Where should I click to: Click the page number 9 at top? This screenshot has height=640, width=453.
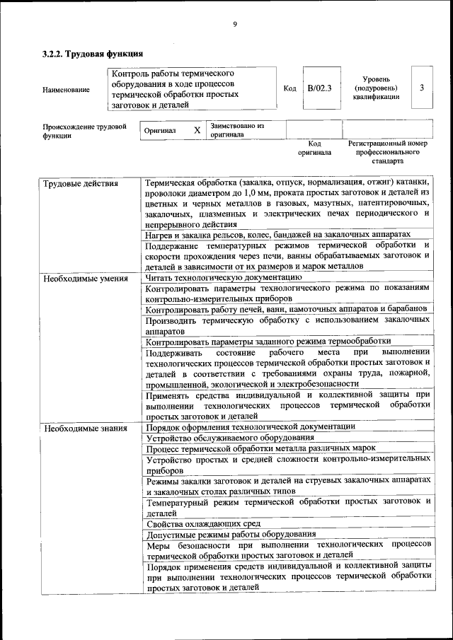click(x=234, y=25)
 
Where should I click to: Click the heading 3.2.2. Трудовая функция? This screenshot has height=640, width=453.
click(x=93, y=54)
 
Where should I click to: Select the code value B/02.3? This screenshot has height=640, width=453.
click(x=319, y=88)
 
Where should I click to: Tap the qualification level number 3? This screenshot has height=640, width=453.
click(x=422, y=88)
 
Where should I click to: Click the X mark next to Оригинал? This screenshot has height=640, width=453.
click(x=197, y=130)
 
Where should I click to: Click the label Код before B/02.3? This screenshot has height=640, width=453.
click(x=289, y=88)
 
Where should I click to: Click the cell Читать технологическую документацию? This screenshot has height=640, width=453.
click(x=224, y=278)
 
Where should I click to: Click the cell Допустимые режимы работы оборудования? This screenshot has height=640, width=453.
click(x=231, y=535)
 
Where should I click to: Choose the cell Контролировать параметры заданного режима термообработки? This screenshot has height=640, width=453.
click(x=268, y=342)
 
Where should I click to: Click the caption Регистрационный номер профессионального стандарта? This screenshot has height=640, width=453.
click(x=388, y=152)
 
